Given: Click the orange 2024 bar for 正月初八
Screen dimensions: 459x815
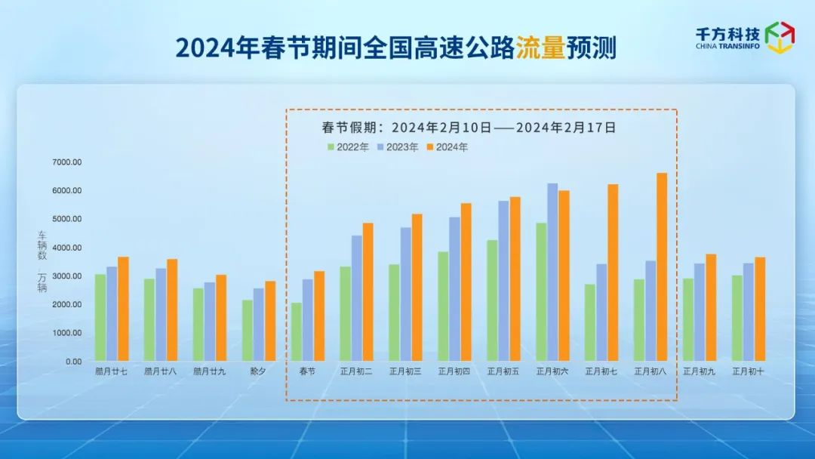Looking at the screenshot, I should pyautogui.click(x=662, y=267).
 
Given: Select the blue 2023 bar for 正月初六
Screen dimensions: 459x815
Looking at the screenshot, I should pyautogui.click(x=552, y=272).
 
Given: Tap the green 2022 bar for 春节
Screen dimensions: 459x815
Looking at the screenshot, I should pyautogui.click(x=297, y=332).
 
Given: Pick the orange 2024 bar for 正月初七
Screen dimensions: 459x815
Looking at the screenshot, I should pyautogui.click(x=613, y=273).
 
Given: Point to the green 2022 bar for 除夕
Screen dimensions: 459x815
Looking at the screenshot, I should pyautogui.click(x=248, y=331).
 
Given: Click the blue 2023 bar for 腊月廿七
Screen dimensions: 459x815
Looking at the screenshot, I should pyautogui.click(x=112, y=314).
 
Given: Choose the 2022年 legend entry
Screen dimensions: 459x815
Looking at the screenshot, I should pyautogui.click(x=348, y=147).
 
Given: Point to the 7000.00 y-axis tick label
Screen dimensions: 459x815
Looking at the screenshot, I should pyautogui.click(x=67, y=162).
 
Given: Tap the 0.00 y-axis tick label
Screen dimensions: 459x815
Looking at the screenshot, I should pyautogui.click(x=73, y=362).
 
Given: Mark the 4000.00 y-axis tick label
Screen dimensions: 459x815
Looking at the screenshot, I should pyautogui.click(x=67, y=248).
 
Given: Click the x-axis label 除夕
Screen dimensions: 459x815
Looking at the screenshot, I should pyautogui.click(x=258, y=371).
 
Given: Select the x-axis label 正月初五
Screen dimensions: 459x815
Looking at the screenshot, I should pyautogui.click(x=503, y=371).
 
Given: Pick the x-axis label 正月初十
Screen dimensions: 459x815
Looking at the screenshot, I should pyautogui.click(x=748, y=371).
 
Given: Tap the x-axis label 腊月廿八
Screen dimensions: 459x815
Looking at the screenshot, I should pyautogui.click(x=161, y=371).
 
